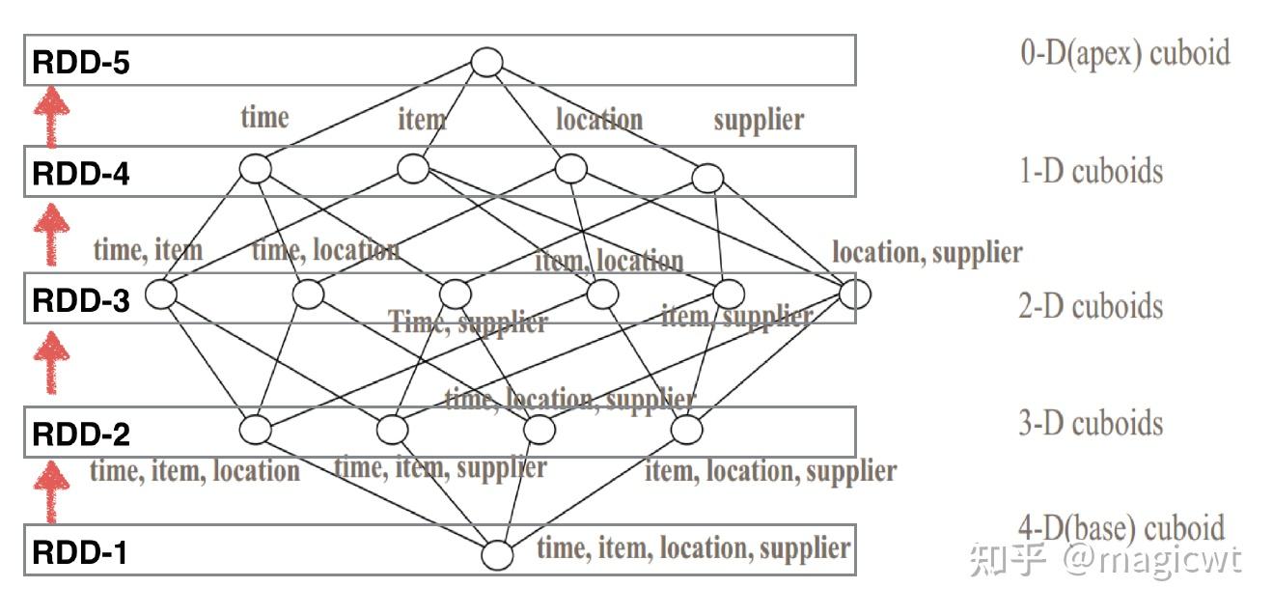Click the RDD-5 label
81,64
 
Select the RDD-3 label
81,300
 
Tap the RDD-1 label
81,553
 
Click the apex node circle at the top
486,63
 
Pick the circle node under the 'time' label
255,169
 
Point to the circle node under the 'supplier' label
706,178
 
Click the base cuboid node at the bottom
496,555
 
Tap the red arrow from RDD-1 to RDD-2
52,490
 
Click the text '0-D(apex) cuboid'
1125,52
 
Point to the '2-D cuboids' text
1091,307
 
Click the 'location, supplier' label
927,253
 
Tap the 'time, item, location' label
194,471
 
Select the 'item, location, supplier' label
770,471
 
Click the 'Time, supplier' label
468,322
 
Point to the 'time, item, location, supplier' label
693,548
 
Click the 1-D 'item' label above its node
422,121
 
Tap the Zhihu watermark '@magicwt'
1152,559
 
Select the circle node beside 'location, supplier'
854,293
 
